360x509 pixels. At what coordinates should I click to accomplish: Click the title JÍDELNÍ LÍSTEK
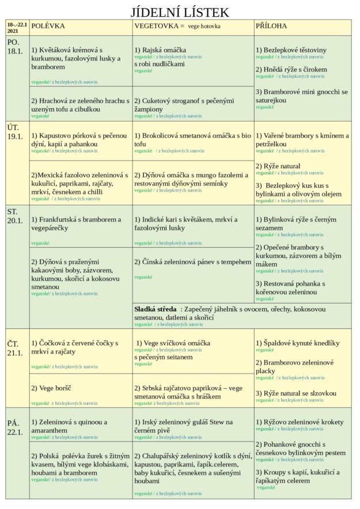[180, 12]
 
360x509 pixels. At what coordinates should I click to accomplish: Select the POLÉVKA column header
[48, 26]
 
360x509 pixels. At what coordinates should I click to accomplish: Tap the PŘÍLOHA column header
[271, 26]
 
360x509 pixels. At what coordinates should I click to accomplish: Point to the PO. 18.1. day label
[15, 47]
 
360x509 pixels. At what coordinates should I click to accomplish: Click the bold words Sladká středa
[155, 309]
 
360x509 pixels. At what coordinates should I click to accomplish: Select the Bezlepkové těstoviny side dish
[291, 50]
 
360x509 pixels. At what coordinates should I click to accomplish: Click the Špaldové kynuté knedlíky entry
[298, 343]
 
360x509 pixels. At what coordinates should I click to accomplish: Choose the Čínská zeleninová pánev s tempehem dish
[193, 262]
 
